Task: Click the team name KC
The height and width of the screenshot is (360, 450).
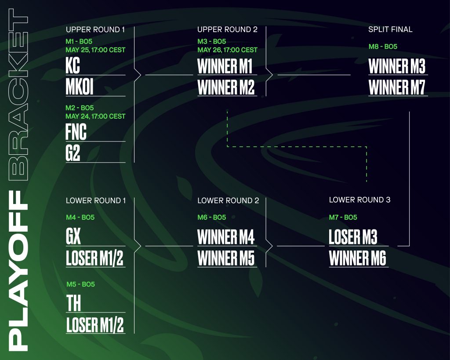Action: tap(73, 66)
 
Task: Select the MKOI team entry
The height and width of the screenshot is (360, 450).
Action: tap(80, 87)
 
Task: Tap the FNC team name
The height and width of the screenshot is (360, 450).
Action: tap(76, 132)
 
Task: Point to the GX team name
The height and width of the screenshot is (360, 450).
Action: tap(73, 237)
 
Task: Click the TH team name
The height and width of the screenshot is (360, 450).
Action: tap(73, 303)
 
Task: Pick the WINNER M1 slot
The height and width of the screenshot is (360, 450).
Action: tap(225, 66)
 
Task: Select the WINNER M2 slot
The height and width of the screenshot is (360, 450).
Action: tap(226, 87)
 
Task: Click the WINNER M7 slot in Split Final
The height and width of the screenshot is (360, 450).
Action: tap(397, 87)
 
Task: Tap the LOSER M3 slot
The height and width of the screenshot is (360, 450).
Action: tap(352, 237)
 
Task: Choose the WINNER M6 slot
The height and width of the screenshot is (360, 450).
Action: tap(358, 258)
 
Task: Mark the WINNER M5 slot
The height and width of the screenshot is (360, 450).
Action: tap(226, 258)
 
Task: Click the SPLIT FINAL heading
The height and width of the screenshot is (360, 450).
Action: tap(390, 29)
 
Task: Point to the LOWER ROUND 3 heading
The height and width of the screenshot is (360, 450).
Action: tap(359, 200)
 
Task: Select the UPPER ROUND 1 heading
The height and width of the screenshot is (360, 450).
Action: tap(95, 29)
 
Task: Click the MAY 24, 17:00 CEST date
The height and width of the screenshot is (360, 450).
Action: tap(95, 116)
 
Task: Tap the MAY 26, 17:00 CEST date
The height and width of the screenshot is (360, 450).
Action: tap(227, 50)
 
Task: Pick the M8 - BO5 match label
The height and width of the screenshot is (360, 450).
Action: tap(383, 47)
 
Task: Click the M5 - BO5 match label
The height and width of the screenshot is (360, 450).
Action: tap(80, 284)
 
